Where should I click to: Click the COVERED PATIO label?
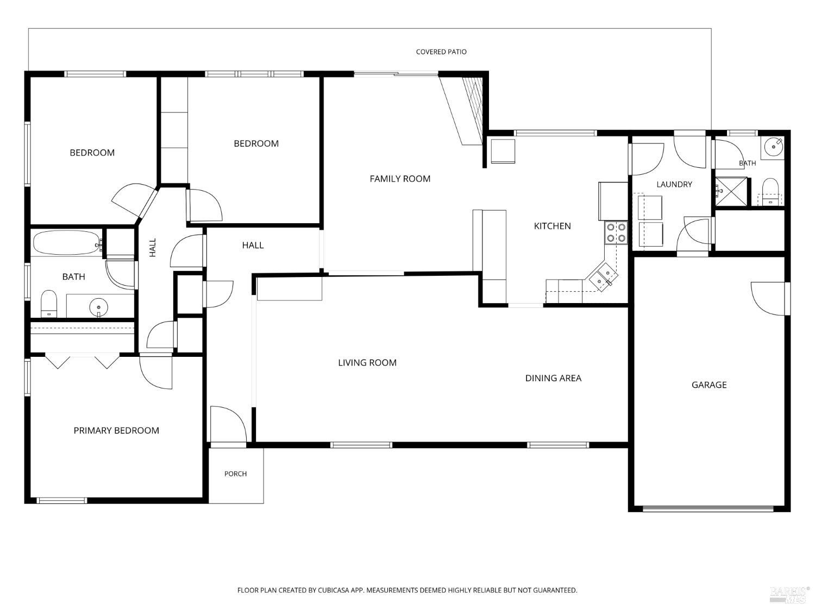(441, 52)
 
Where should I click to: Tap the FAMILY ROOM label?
(400, 179)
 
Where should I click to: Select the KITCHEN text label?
(552, 226)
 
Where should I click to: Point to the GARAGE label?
(709, 385)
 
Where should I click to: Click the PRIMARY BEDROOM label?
(116, 430)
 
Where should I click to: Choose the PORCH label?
(235, 474)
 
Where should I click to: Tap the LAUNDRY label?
(674, 184)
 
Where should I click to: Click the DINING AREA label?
(553, 378)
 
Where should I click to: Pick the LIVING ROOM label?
(367, 362)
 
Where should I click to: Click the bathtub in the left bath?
(67, 242)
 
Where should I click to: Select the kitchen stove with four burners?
(616, 232)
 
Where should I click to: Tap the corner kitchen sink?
(602, 276)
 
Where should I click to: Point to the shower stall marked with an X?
(731, 191)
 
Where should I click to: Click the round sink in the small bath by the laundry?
(773, 147)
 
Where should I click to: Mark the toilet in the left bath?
(49, 304)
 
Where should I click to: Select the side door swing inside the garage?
(769, 299)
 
